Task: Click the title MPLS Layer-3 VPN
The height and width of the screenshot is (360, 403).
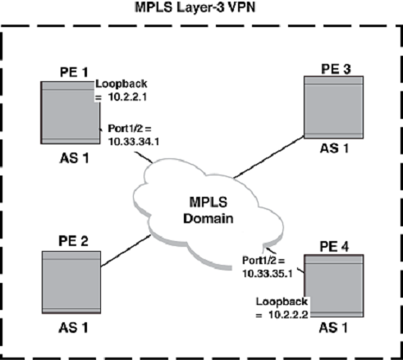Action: click(195, 7)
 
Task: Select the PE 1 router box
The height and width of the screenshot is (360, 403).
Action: click(71, 112)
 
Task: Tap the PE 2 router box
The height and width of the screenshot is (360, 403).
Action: click(71, 282)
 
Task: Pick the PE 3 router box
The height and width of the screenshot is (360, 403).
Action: click(334, 107)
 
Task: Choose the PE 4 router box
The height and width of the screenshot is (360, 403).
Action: click(334, 286)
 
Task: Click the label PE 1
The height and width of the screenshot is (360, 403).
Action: click(74, 72)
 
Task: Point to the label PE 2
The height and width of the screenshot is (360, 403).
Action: click(73, 241)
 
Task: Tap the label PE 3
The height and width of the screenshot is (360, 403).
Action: click(336, 69)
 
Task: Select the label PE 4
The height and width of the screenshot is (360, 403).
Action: click(334, 247)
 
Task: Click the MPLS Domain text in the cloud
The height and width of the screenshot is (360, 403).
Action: click(208, 211)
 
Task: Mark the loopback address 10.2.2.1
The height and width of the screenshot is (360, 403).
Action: click(127, 97)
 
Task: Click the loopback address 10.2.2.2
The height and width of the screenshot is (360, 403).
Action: click(288, 315)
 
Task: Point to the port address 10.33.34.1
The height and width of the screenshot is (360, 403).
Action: click(134, 142)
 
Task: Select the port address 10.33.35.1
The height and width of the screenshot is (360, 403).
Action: click(268, 274)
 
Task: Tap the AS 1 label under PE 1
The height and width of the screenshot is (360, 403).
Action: click(74, 158)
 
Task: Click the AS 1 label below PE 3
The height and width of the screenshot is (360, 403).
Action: click(334, 148)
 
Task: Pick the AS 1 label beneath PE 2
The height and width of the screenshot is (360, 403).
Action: click(73, 328)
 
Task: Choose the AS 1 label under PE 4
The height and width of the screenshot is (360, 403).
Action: click(333, 328)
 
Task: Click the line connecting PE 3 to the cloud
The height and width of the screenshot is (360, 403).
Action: click(269, 157)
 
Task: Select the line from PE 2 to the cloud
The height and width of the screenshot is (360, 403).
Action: click(126, 251)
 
